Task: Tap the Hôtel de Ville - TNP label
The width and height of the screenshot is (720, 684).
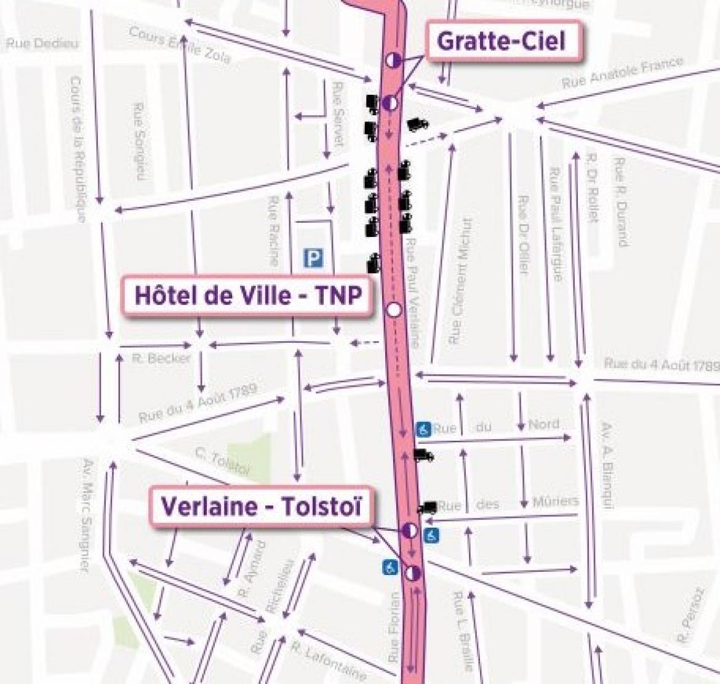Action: pyautogui.click(x=247, y=295)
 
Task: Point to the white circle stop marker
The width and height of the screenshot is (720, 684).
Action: pyautogui.click(x=394, y=310)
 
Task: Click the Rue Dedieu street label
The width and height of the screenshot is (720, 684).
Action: pyautogui.click(x=43, y=44)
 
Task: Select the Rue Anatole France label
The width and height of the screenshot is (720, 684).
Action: pyautogui.click(x=622, y=73)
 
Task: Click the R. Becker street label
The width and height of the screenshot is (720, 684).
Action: pyautogui.click(x=161, y=358)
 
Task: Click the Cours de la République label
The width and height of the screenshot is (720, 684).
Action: pyautogui.click(x=78, y=149)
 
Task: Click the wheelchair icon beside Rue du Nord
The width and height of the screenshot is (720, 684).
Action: pyautogui.click(x=423, y=429)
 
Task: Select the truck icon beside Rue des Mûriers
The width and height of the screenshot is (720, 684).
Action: pyautogui.click(x=427, y=507)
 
